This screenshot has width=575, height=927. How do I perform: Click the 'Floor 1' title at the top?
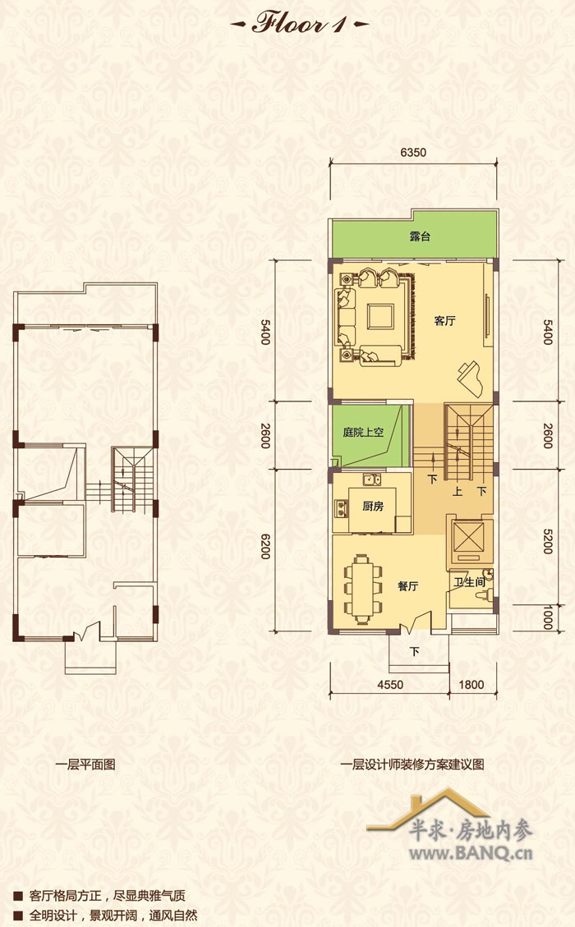(299, 23)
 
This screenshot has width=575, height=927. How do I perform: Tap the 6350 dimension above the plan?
(413, 153)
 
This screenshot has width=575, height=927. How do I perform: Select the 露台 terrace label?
(420, 236)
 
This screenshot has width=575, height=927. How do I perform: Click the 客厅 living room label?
(444, 320)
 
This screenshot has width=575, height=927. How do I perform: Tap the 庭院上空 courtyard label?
(363, 432)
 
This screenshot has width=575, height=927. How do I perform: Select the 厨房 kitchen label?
(373, 506)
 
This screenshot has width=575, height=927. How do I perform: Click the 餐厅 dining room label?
(407, 586)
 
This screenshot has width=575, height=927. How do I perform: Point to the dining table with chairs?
(363, 588)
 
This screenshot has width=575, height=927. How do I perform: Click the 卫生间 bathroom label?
(469, 582)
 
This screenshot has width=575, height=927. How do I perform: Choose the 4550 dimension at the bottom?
(390, 685)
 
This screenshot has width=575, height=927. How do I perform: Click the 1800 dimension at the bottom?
(471, 685)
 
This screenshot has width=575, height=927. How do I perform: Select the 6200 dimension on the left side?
(265, 546)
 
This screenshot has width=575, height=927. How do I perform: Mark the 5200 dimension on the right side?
(548, 540)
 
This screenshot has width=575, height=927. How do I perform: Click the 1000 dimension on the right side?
(548, 617)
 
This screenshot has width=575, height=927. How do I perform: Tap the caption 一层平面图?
(85, 764)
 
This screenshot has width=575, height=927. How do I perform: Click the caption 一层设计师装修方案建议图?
(412, 764)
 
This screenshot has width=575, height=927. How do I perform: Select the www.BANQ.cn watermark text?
(471, 853)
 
